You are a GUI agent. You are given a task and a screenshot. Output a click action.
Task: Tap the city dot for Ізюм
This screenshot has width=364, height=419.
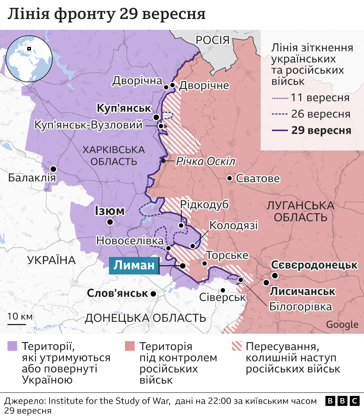pos(110,222)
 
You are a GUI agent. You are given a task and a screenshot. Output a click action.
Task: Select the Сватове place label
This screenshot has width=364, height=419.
pos(258,179)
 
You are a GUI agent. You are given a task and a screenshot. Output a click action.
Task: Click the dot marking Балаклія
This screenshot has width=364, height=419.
pos(54,169)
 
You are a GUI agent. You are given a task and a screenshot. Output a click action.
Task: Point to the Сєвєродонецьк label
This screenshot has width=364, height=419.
pos(314,265)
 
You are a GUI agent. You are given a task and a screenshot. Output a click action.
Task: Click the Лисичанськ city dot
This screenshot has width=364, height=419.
pos(266,283)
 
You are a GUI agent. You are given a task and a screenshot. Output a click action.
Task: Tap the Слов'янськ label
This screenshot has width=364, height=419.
pos(117,293)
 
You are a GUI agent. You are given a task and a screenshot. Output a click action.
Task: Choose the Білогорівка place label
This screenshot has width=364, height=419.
pos(300,307)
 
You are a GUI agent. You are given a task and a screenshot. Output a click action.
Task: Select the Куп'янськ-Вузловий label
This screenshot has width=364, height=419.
pos(88,125)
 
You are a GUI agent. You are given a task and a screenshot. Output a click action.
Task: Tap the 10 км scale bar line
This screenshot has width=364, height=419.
pos(16,324)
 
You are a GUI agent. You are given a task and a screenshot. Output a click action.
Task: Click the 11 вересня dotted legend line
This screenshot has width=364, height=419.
pos(280,99)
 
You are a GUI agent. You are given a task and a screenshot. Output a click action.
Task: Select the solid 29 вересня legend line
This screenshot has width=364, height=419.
pos(280,130)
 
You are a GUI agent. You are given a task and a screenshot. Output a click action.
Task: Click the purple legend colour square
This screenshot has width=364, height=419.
pos(12,346)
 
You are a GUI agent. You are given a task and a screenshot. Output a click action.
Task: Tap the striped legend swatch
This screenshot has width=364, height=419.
pos(236,346)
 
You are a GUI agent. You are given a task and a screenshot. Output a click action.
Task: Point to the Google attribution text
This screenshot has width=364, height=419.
pos(342,324)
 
